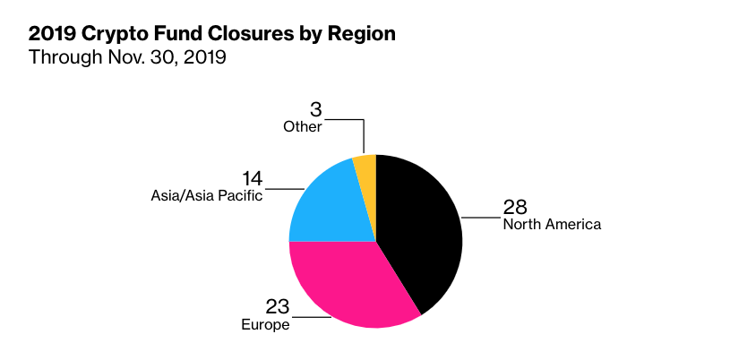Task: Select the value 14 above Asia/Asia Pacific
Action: click(253, 178)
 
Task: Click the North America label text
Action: click(552, 224)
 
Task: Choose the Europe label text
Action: click(265, 324)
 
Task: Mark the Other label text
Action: click(303, 126)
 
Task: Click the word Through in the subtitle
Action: click(64, 58)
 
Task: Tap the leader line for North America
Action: click(481, 217)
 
